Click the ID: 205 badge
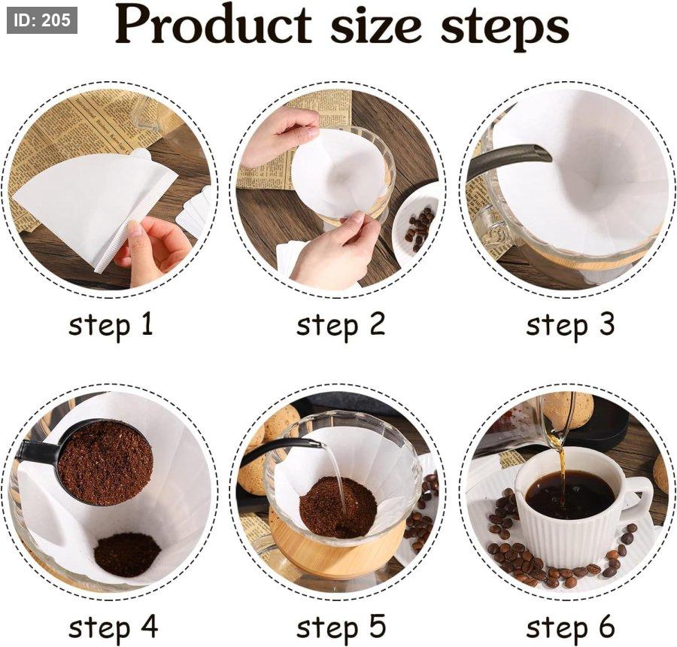(x=42, y=20)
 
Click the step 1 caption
(x=111, y=325)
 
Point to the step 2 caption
(x=340, y=325)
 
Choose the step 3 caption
(x=570, y=325)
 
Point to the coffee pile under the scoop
(x=127, y=554)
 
